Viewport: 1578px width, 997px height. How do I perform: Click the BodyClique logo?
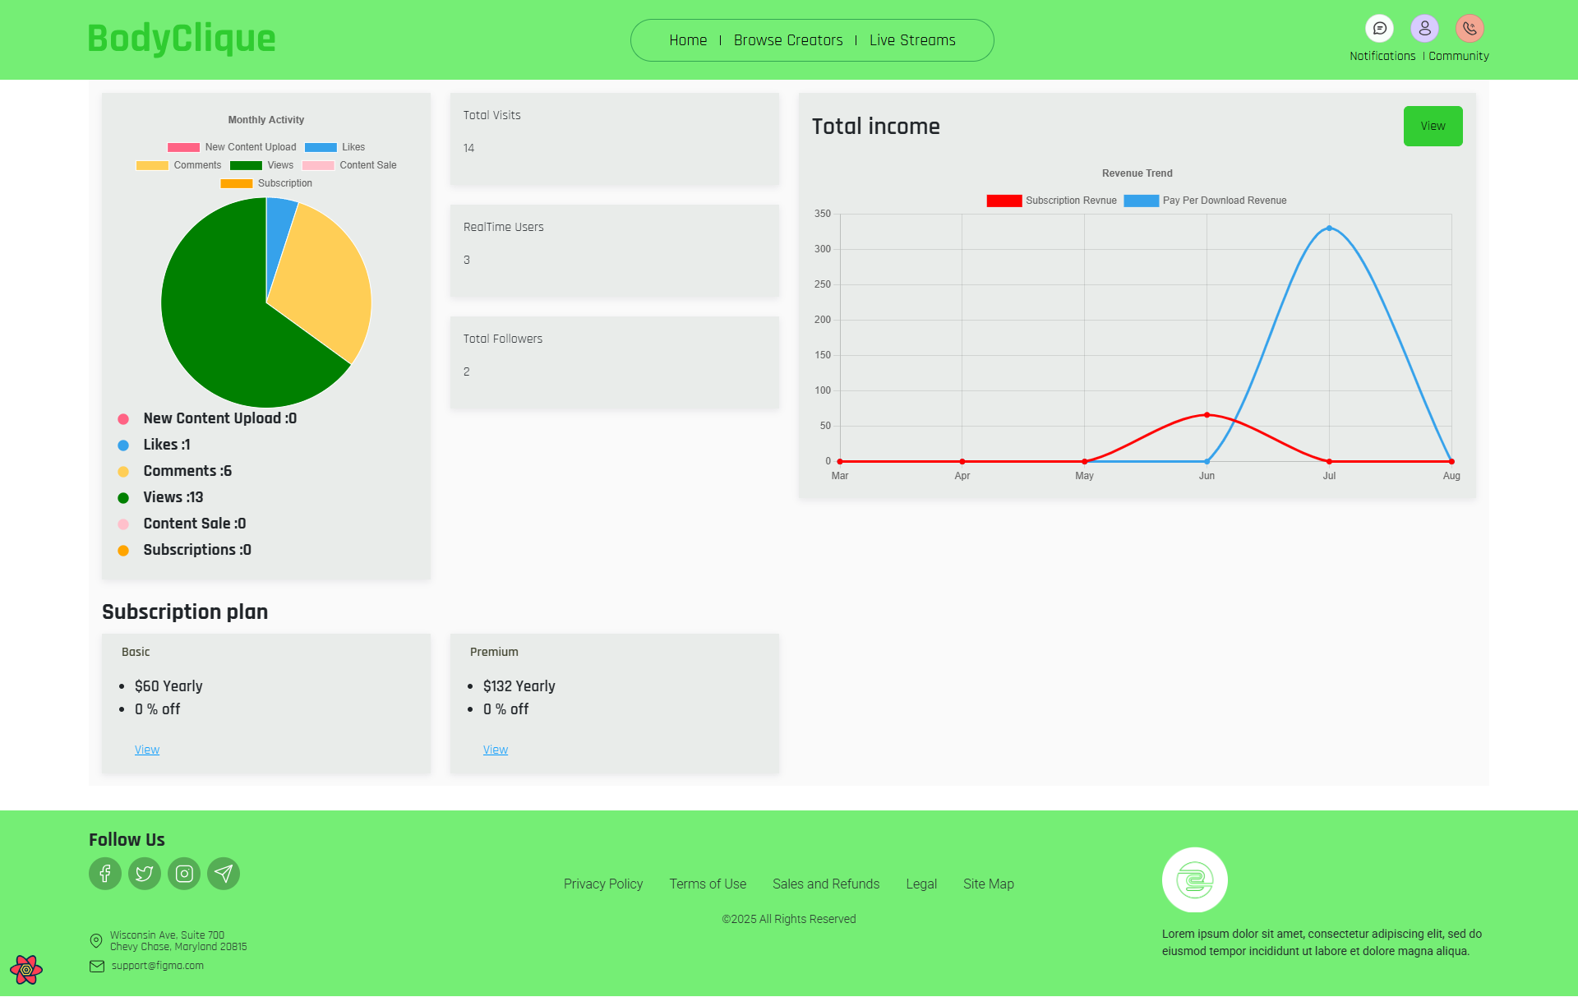tap(181, 39)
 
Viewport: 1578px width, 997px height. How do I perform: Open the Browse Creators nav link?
tap(787, 40)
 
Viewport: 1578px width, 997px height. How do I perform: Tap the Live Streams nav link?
tap(912, 40)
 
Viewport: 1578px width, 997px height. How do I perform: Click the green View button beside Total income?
tap(1433, 126)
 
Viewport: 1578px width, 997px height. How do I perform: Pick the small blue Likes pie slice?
tap(279, 226)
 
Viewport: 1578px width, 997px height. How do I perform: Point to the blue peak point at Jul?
tap(1329, 228)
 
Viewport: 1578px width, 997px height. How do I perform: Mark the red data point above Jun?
tap(1207, 415)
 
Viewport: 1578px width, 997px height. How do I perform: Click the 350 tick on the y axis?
tap(823, 214)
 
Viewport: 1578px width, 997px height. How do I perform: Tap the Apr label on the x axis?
tap(962, 476)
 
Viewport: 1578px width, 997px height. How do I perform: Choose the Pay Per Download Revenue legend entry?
tap(1224, 201)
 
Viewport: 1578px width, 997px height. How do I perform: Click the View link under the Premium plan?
tap(496, 750)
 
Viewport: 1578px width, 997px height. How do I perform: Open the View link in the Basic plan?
tap(147, 750)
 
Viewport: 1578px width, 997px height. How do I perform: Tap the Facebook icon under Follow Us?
tap(105, 873)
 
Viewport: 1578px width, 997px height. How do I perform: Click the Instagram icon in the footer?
tap(184, 873)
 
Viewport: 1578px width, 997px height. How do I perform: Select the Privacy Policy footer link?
tap(603, 884)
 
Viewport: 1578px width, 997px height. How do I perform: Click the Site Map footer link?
tap(988, 884)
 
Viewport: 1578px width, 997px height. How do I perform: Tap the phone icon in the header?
tap(1470, 29)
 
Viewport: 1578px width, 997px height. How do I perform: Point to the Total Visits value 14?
tap(468, 148)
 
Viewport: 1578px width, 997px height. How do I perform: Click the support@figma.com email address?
tap(158, 966)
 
